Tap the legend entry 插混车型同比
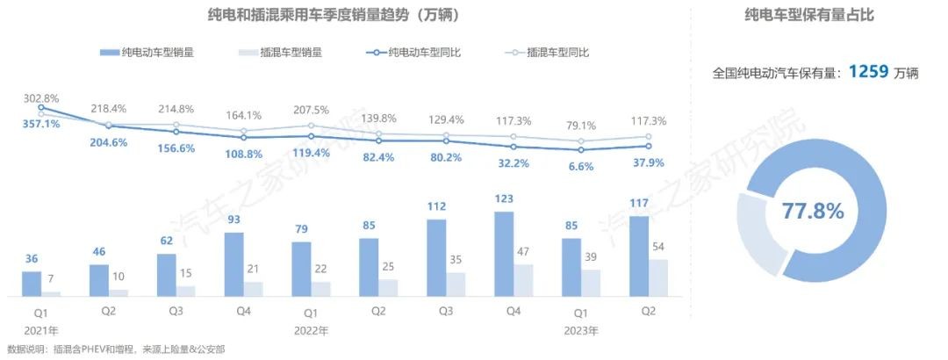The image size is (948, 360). (x=558, y=53)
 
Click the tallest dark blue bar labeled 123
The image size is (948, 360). (x=505, y=254)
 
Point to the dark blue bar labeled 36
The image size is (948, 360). (x=32, y=284)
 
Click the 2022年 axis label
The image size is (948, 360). (x=311, y=331)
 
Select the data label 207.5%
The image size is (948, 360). (x=311, y=111)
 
